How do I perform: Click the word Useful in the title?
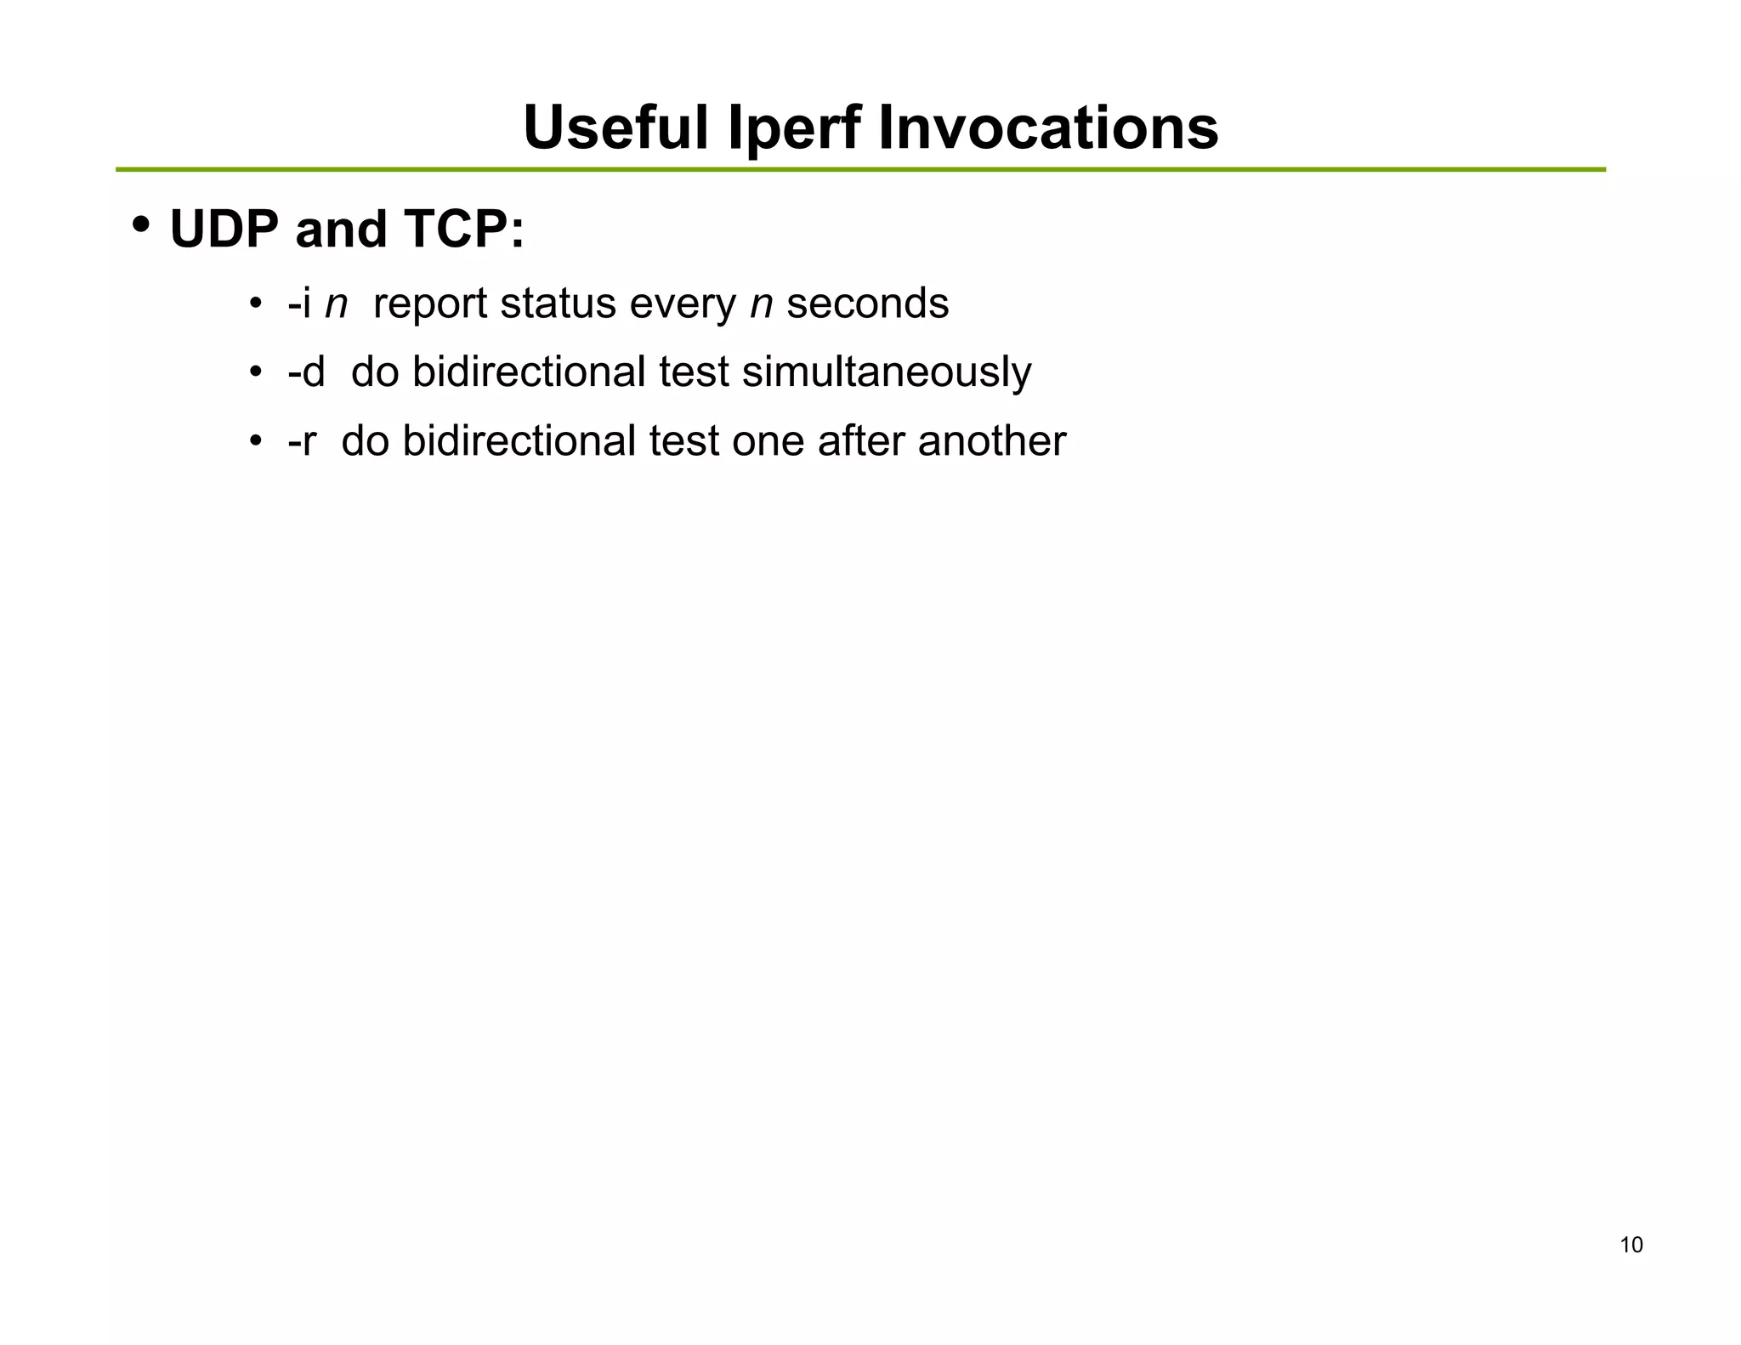[615, 128]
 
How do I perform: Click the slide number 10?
[1630, 1246]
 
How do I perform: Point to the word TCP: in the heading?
[464, 230]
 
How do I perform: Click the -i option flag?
[299, 304]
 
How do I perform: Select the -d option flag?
[306, 372]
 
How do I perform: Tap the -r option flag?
[302, 441]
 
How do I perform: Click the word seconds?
[867, 304]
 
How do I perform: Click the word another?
[991, 441]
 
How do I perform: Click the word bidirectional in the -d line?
[529, 372]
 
